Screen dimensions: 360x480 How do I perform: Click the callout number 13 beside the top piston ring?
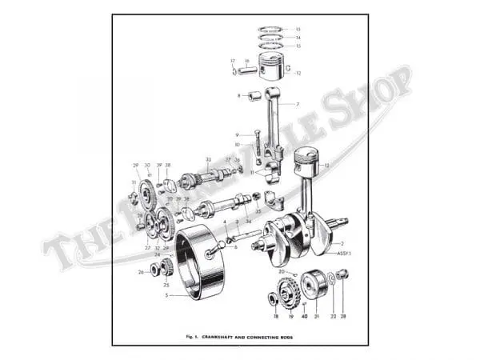(298, 29)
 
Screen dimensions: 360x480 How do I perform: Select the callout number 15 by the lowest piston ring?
(298, 46)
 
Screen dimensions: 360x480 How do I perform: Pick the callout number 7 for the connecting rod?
(297, 105)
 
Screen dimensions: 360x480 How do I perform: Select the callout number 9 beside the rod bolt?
(238, 134)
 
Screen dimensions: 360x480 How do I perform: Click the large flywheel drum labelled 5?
(199, 262)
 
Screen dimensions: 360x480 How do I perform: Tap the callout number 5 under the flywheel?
(166, 294)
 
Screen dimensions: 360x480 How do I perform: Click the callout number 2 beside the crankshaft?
(342, 242)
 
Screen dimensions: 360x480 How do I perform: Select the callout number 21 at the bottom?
(317, 317)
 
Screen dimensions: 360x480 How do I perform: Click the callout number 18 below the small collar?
(276, 317)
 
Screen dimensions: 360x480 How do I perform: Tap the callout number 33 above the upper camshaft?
(209, 159)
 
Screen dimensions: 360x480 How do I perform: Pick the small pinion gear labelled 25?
(167, 267)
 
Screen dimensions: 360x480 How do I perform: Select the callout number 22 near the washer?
(333, 317)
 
